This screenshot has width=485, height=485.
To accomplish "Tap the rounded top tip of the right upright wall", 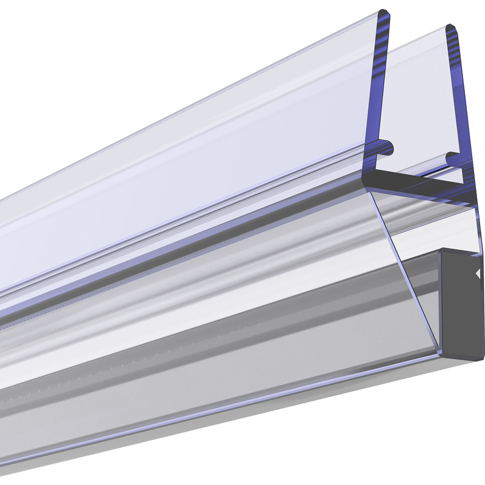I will (451, 28).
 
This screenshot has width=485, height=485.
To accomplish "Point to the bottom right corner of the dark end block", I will (484, 356).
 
